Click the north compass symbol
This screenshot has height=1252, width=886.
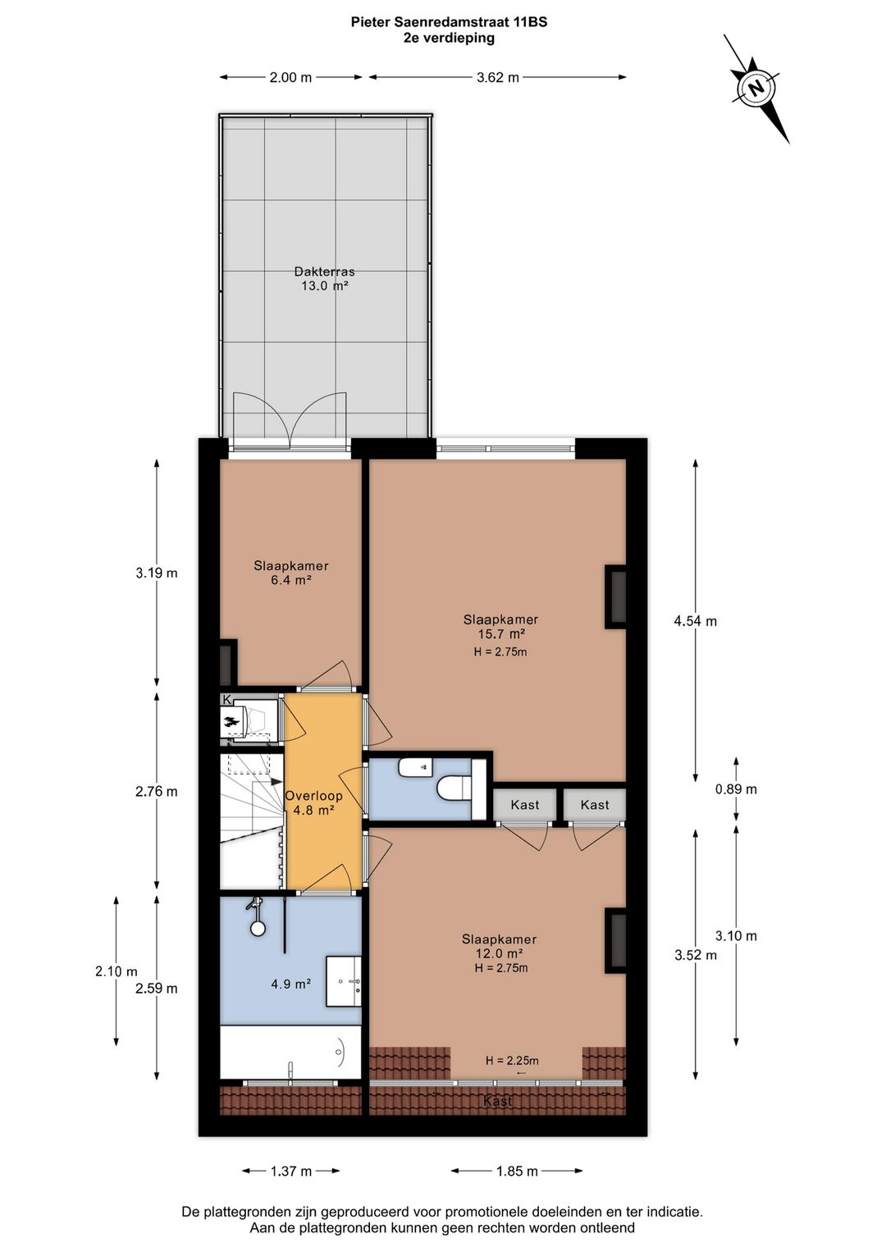pos(756,86)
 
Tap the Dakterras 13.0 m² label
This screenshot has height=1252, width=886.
pos(324,279)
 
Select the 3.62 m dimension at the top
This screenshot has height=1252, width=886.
pos(497,78)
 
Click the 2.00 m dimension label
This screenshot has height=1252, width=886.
pos(290,78)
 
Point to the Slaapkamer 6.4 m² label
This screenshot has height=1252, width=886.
pos(291,573)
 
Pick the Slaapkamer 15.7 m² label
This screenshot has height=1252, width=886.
pos(500,627)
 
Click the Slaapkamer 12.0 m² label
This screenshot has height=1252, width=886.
pos(499,946)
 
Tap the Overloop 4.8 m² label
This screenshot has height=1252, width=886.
pos(313,802)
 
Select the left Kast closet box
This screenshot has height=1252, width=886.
pos(525,805)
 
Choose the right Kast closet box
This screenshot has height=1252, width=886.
pos(595,805)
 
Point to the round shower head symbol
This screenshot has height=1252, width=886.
pos(258,929)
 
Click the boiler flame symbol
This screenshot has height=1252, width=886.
pos(232,723)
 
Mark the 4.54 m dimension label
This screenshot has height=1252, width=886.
pos(695,621)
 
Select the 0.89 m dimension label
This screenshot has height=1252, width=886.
pos(736,789)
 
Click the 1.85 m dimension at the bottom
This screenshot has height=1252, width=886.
pos(517,1172)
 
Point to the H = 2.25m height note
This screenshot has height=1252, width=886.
pos(512,1060)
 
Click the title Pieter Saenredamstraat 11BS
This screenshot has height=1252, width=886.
pos(449,22)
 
